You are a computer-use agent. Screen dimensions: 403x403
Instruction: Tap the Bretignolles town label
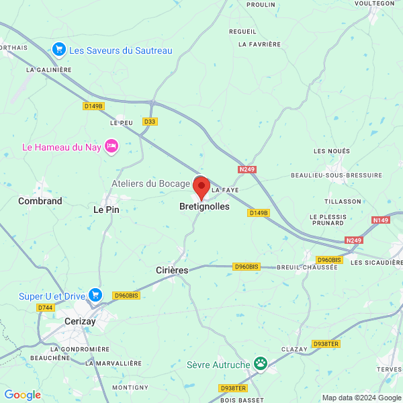coord(204,207)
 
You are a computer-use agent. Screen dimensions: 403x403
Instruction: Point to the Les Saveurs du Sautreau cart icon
coord(59,50)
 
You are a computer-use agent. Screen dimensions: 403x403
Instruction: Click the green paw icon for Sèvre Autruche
coord(260,364)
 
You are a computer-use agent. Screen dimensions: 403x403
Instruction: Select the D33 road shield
coord(150,122)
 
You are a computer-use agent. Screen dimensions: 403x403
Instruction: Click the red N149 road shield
coord(381,220)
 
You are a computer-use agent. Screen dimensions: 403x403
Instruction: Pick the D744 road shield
coord(46,307)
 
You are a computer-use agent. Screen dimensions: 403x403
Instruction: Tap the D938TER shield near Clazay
coord(326,343)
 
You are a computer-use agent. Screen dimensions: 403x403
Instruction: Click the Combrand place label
coord(40,201)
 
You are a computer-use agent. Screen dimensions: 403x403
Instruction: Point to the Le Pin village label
coord(105,210)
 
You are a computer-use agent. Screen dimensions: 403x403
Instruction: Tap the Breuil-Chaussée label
coord(307,267)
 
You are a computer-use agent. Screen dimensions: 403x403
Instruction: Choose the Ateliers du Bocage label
coord(150,183)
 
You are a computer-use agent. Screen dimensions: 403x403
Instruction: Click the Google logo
coord(23,395)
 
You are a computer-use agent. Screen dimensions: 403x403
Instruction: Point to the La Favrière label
coord(259,44)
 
